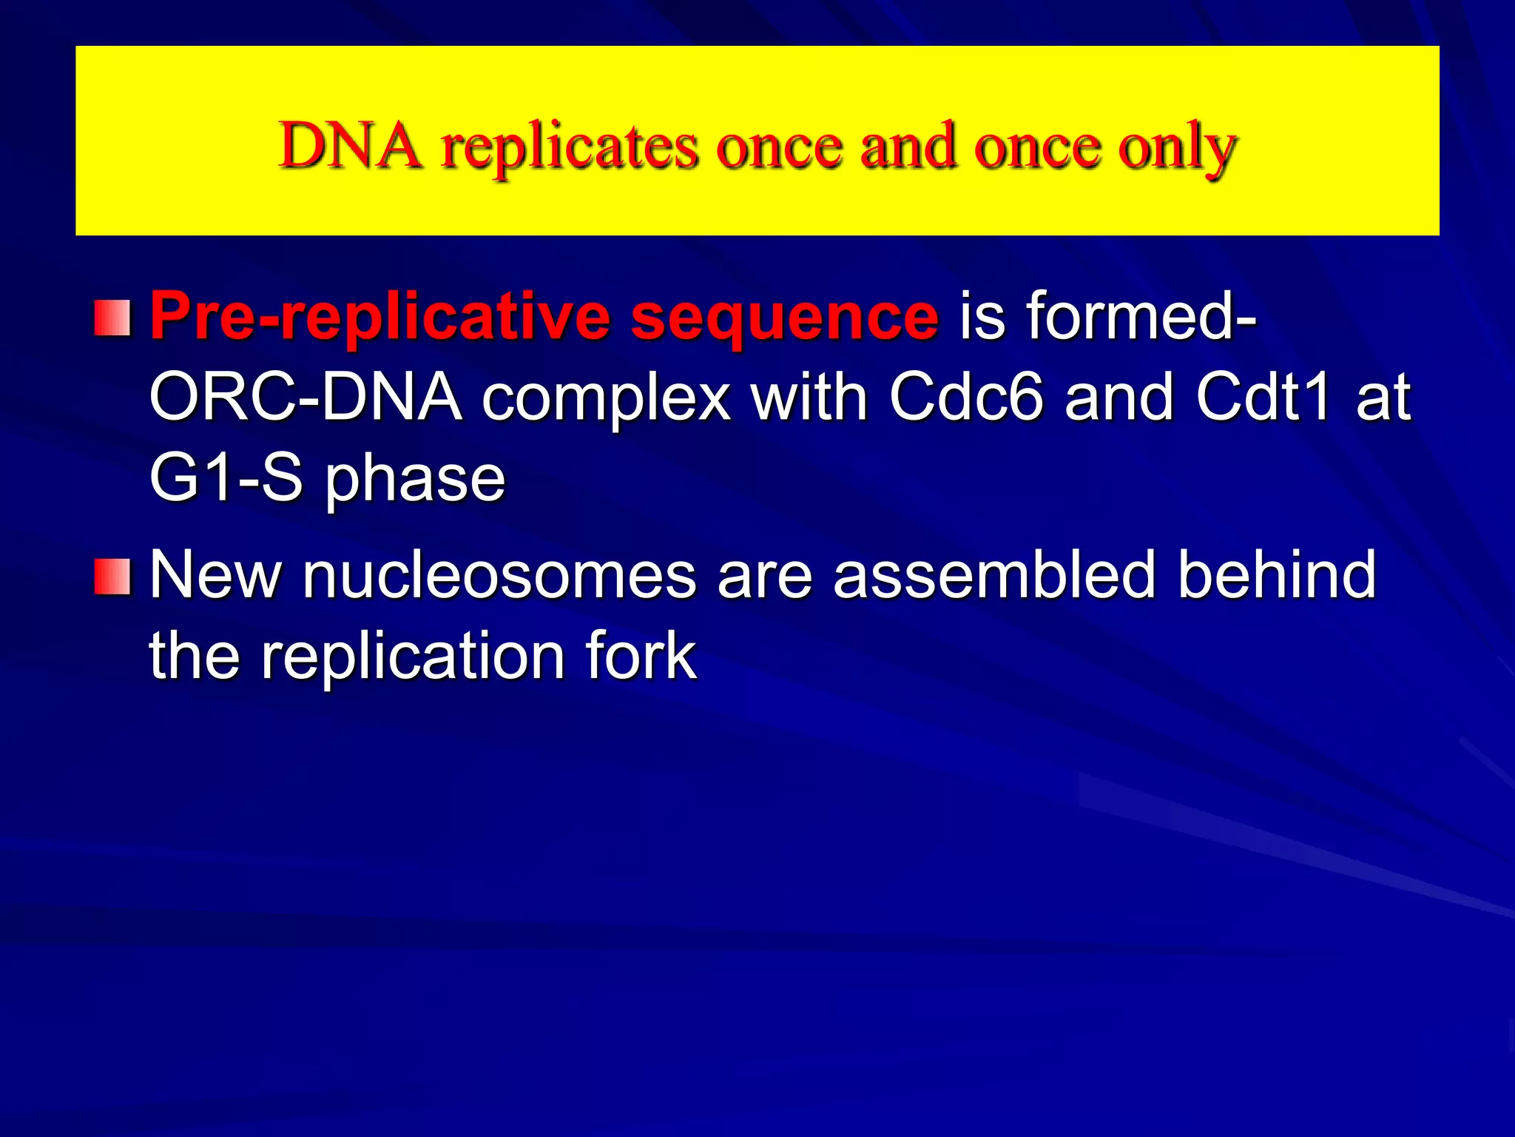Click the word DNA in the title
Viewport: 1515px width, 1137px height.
tap(351, 146)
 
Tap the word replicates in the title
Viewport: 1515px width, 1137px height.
tap(570, 148)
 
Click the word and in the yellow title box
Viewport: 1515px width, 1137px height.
tap(908, 146)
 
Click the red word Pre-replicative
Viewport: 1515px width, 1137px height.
tap(380, 317)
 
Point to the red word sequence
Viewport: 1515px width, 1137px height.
tap(784, 318)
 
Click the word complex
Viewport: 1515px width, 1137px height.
tap(606, 400)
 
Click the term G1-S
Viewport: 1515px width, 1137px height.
tap(226, 477)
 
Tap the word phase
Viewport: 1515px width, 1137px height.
tap(415, 481)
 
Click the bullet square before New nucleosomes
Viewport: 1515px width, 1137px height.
tap(112, 577)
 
